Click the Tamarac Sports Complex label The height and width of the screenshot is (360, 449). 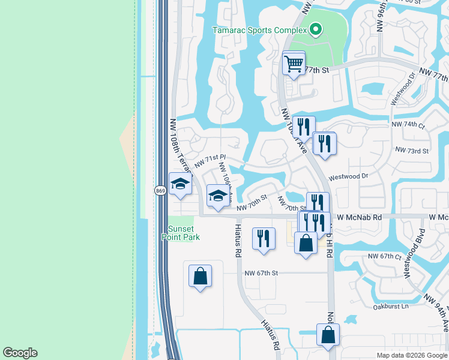[259, 30]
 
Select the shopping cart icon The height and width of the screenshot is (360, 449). [294, 63]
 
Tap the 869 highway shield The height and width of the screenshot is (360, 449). [160, 191]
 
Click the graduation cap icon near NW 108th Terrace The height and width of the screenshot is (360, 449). [179, 185]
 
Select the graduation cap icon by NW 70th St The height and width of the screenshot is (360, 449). [217, 196]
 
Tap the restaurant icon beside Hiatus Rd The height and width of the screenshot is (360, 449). [264, 238]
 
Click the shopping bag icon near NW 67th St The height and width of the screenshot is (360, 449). [200, 276]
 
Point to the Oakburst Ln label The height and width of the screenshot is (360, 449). [390, 306]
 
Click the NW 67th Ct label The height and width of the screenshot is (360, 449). [384, 256]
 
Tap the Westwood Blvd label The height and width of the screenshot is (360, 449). [415, 253]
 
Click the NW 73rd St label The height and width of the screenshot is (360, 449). [411, 151]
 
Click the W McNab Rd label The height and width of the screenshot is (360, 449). [359, 217]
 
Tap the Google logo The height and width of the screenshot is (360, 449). [20, 353]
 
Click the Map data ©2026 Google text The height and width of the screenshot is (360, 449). [411, 355]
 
